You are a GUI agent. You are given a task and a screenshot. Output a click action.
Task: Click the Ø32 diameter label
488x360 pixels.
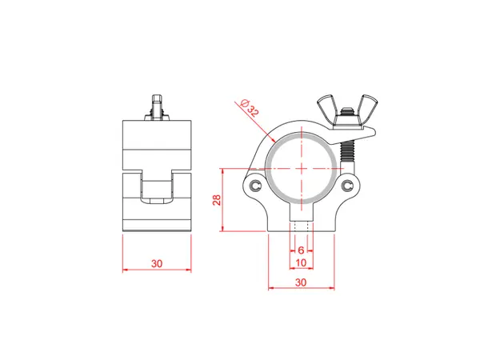tap(247, 108)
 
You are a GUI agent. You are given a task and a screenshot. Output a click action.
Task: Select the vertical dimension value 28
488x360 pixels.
tap(217, 201)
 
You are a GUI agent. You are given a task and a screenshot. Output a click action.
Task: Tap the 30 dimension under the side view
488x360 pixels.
tap(157, 262)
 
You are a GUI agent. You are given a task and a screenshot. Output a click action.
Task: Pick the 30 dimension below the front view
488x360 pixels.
tap(301, 282)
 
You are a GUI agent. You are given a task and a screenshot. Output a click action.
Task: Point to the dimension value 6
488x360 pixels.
tap(301, 250)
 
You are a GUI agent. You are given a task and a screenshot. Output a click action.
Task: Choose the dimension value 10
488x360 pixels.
tap(301, 262)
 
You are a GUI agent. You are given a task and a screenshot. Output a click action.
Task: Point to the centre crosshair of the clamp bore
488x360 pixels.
tap(302, 168)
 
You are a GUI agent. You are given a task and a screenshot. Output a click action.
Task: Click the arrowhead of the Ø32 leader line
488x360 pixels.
tap(274, 141)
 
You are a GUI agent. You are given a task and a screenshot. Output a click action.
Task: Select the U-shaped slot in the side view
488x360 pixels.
tap(157, 190)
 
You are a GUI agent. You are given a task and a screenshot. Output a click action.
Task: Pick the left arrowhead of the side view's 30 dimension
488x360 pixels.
tap(124, 270)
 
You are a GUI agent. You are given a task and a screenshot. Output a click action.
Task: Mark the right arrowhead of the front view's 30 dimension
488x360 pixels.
tap(332, 289)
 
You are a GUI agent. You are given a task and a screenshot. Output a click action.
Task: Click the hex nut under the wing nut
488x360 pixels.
tap(348, 121)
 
